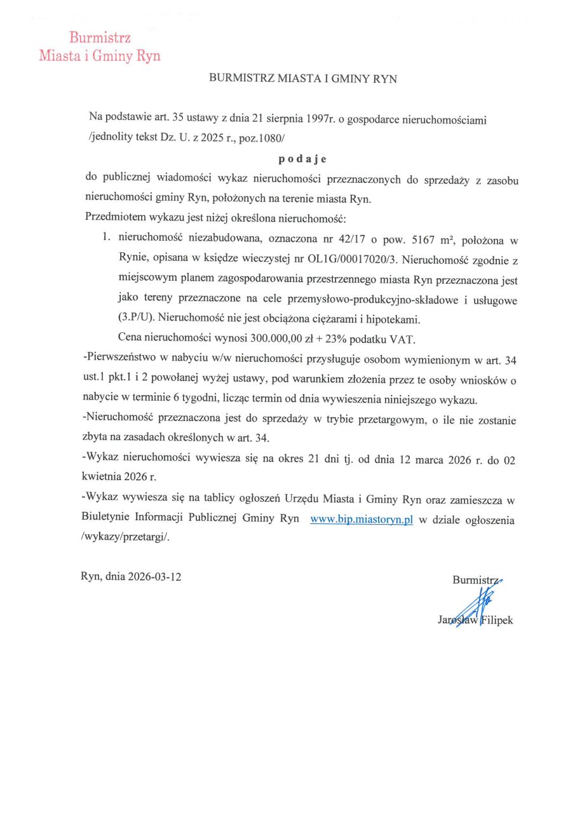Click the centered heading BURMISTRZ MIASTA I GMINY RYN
pyautogui.click(x=303, y=79)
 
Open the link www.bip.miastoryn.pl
pyautogui.click(x=362, y=520)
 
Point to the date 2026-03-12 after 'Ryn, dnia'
pyautogui.click(x=154, y=577)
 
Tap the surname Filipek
pyautogui.click(x=496, y=620)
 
